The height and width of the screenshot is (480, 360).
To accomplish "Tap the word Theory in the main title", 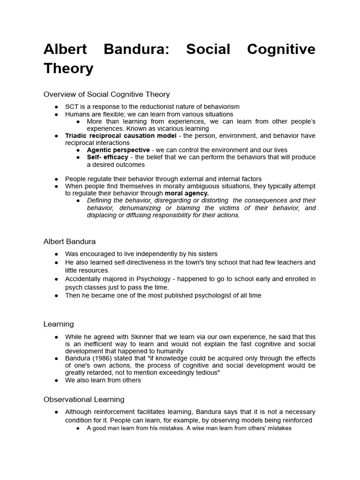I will (x=68, y=68).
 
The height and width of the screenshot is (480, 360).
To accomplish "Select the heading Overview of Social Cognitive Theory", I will (x=106, y=94).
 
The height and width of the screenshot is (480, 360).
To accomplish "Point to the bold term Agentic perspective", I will (x=118, y=150).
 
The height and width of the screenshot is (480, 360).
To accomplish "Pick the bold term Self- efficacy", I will (x=107, y=157).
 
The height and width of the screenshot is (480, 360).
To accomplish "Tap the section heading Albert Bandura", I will (x=69, y=241).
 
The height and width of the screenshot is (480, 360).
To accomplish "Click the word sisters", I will (x=207, y=254).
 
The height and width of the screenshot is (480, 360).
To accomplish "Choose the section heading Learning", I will (x=59, y=324).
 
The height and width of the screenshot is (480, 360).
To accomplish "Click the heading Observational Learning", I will (x=84, y=399).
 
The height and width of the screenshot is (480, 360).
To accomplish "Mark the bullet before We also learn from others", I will (x=56, y=380).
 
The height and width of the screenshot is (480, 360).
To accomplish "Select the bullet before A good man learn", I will (x=78, y=428).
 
